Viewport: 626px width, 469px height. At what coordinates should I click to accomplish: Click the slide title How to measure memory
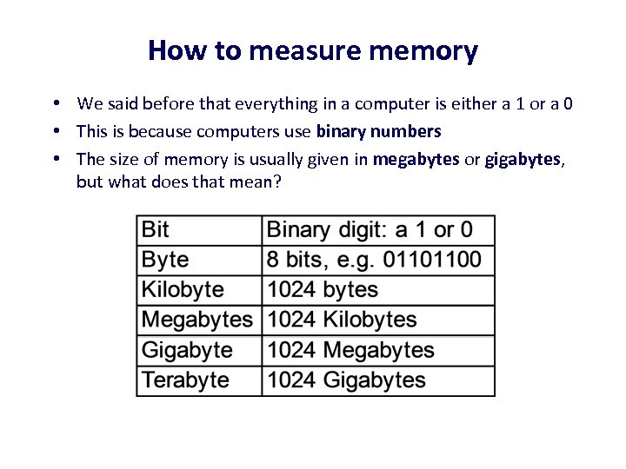(313, 50)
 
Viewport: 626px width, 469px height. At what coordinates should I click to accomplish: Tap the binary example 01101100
(434, 260)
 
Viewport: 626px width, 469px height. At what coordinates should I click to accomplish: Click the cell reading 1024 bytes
(323, 290)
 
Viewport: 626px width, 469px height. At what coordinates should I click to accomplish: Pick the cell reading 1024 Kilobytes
(342, 320)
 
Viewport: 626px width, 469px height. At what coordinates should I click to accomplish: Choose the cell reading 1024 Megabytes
(350, 350)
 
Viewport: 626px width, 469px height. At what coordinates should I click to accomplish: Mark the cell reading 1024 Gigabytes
(346, 380)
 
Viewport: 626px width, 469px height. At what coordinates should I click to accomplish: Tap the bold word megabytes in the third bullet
(416, 159)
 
